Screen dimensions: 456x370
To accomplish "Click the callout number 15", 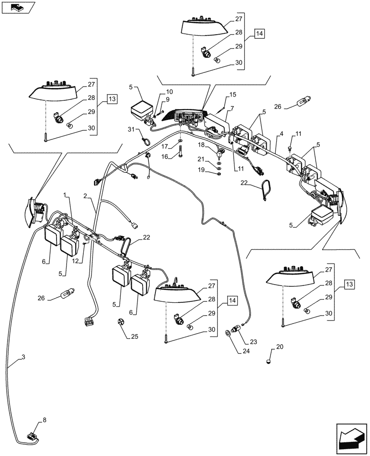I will (x=233, y=94).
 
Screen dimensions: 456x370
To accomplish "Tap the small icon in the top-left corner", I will (x=18, y=7).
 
